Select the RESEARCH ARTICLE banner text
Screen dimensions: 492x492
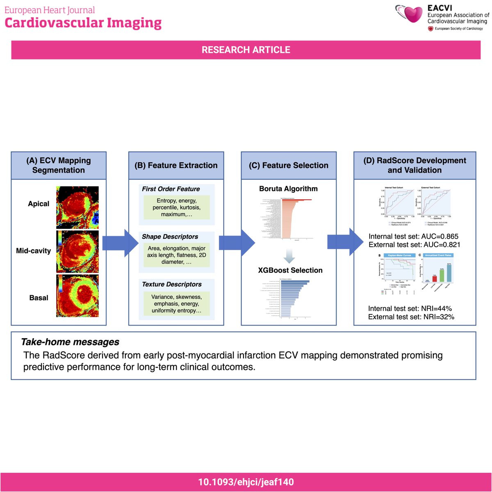click(246, 50)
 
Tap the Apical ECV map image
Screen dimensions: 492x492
click(77, 207)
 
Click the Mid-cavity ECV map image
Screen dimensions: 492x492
click(77, 251)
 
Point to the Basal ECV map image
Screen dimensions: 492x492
click(77, 296)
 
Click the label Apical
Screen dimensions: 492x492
click(39, 204)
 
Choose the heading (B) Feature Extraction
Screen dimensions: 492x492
click(176, 166)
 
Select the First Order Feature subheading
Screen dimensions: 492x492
click(171, 189)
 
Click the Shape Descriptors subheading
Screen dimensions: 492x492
click(170, 237)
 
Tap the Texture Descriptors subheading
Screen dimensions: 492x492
click(171, 284)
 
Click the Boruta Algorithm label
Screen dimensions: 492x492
click(288, 189)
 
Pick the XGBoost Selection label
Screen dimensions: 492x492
click(290, 270)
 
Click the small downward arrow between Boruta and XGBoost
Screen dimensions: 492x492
click(289, 256)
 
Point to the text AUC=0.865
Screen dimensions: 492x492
click(440, 237)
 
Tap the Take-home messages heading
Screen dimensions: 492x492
click(70, 342)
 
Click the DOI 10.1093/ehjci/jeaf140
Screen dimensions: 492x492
click(246, 482)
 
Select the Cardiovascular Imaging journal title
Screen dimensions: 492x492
click(83, 23)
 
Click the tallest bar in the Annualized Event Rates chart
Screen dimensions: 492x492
click(449, 273)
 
